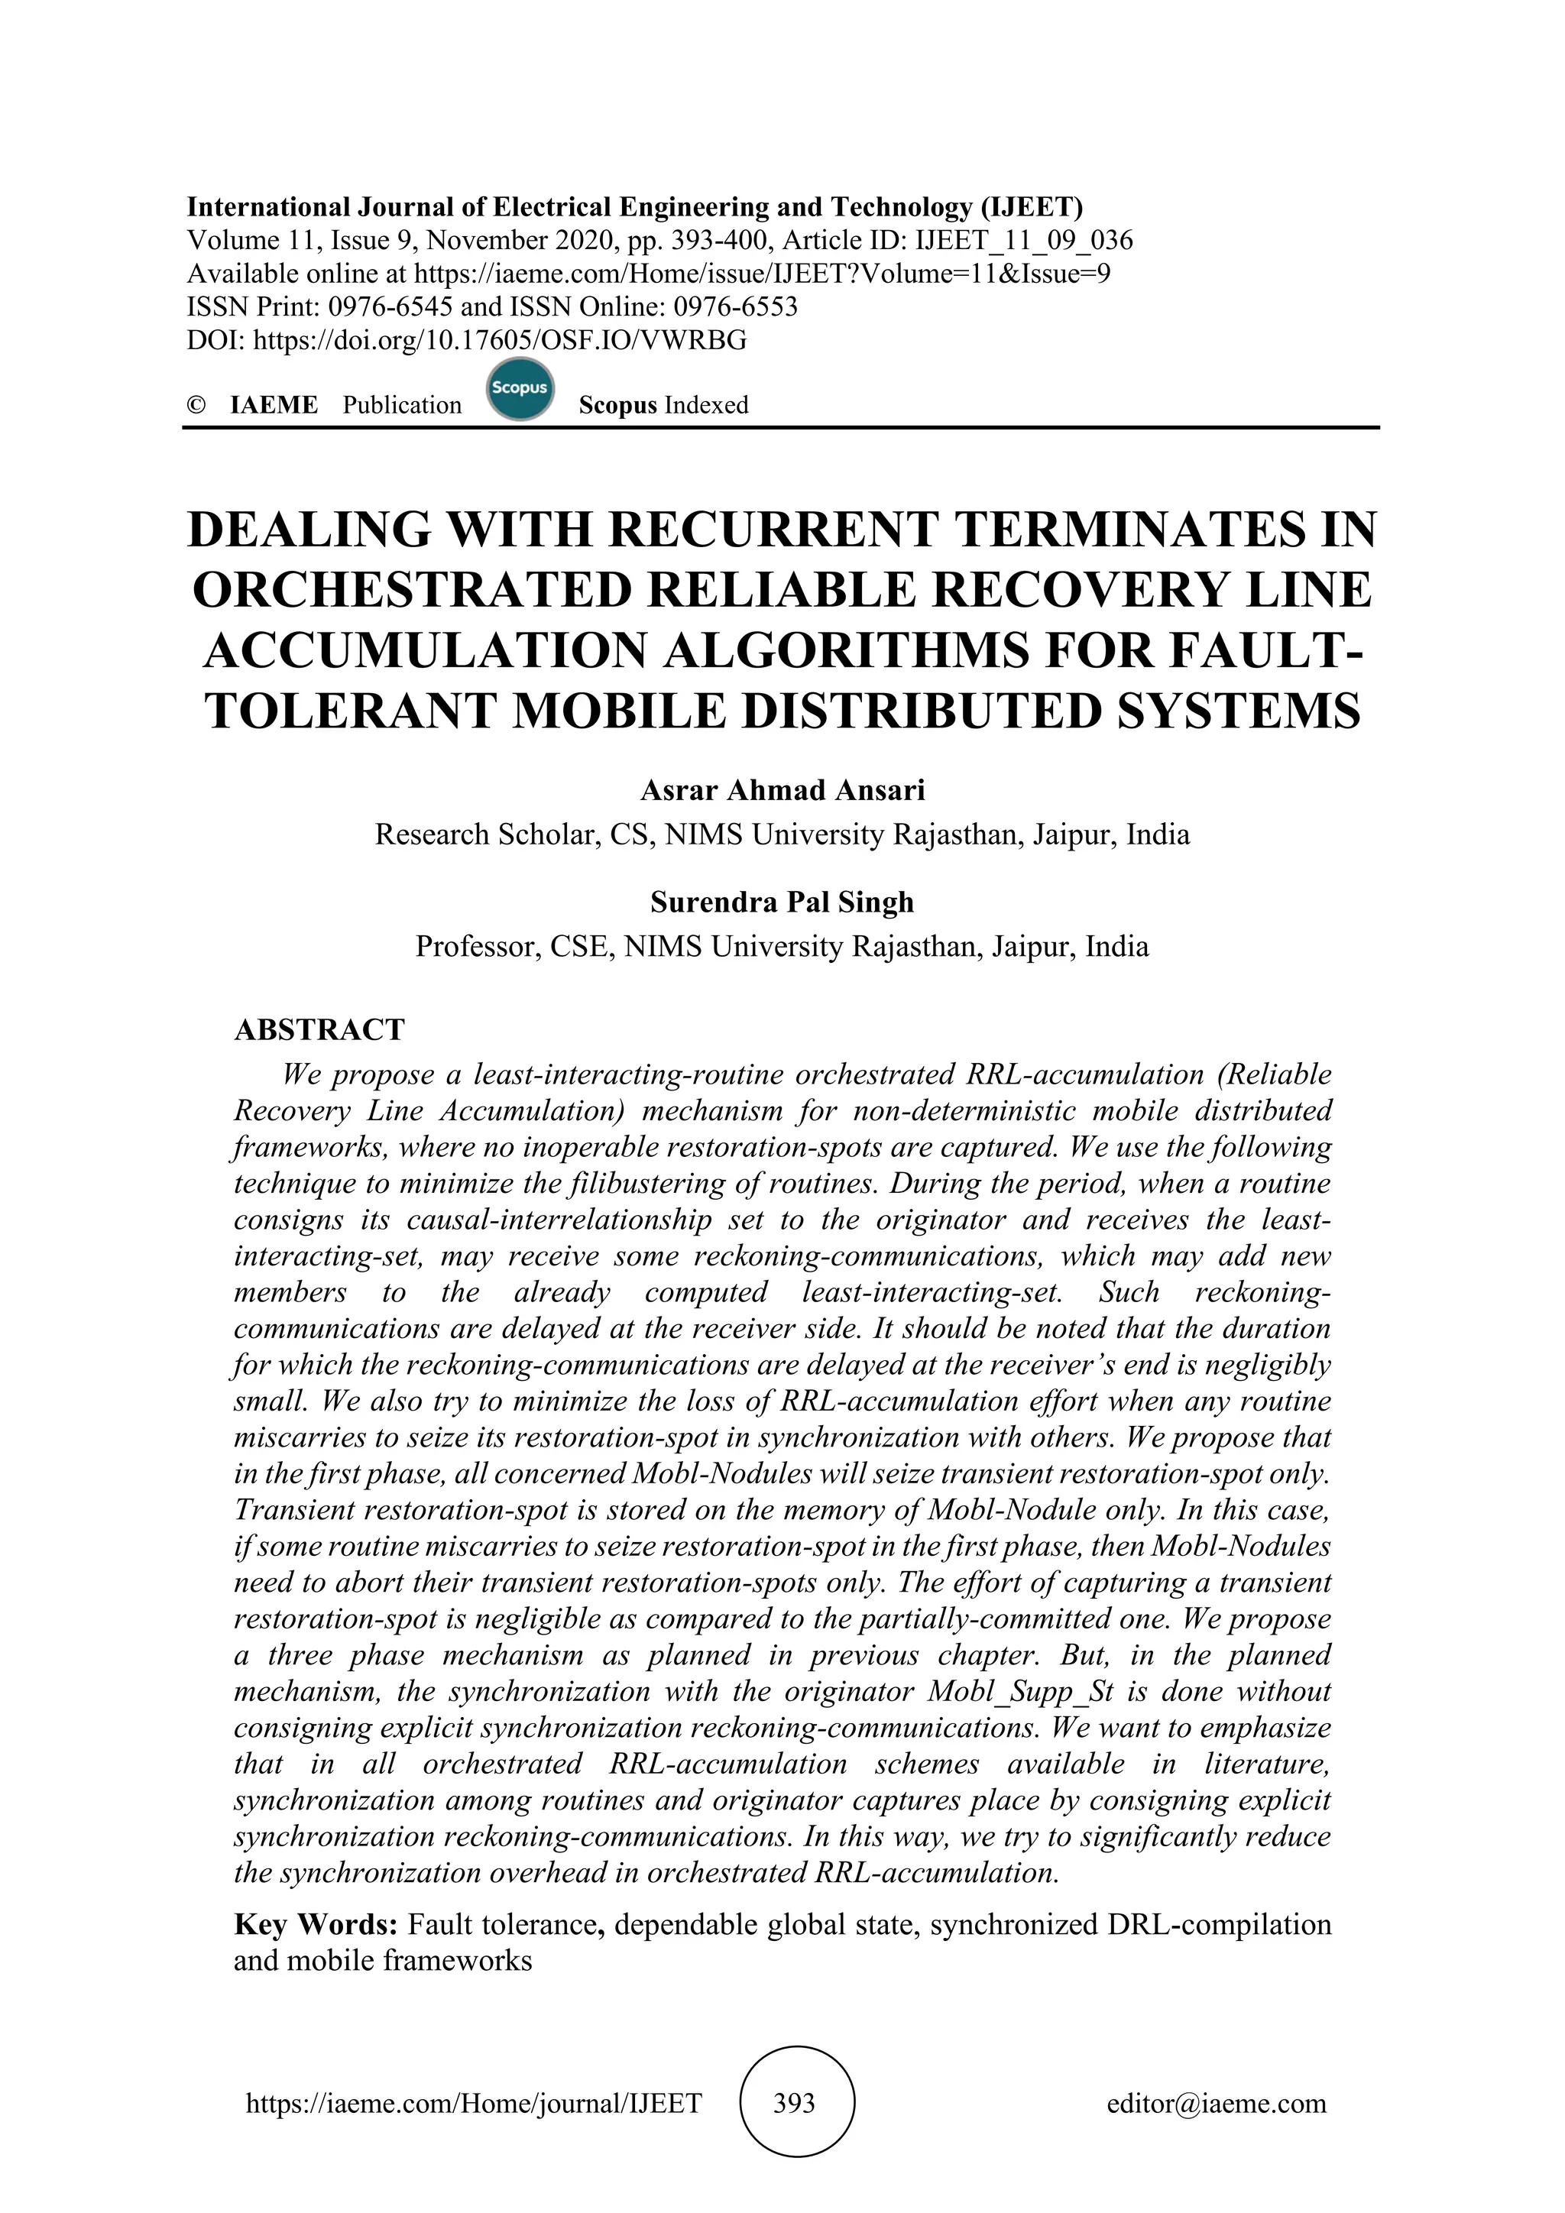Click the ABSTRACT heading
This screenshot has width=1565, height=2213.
[319, 1029]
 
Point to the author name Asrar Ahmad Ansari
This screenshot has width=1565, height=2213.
[782, 790]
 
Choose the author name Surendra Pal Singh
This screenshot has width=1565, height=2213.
[782, 902]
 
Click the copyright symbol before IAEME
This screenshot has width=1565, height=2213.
[196, 406]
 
